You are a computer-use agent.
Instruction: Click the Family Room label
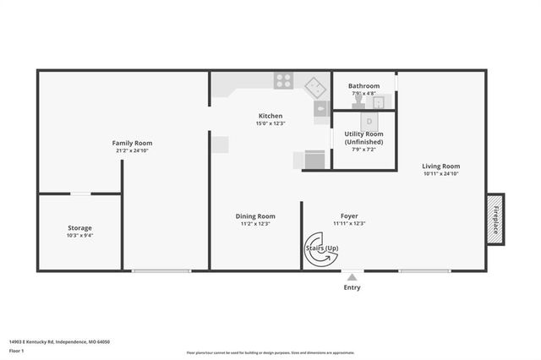tap(132, 143)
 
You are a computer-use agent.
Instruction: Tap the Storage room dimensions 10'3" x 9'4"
tap(80, 237)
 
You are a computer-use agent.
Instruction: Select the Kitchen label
tap(270, 116)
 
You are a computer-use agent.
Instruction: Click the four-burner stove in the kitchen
tap(284, 81)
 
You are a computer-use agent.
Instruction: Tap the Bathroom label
tap(364, 85)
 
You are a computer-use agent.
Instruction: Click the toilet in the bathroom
tap(359, 101)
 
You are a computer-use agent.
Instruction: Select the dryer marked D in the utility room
tap(369, 122)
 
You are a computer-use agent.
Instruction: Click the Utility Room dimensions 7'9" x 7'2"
tap(363, 150)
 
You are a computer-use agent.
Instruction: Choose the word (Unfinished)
tap(363, 142)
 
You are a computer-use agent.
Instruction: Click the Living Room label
tap(440, 166)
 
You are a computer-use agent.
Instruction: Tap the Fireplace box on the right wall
tap(496, 219)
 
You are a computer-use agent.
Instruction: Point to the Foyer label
tap(349, 215)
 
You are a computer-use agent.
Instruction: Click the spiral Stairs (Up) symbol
tap(320, 248)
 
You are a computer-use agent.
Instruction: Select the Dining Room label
tap(255, 215)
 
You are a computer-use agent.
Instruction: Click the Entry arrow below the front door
tap(352, 275)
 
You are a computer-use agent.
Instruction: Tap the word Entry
tap(352, 287)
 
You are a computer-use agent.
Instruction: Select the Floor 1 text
tap(18, 350)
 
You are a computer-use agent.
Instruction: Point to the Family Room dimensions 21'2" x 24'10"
tap(132, 151)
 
